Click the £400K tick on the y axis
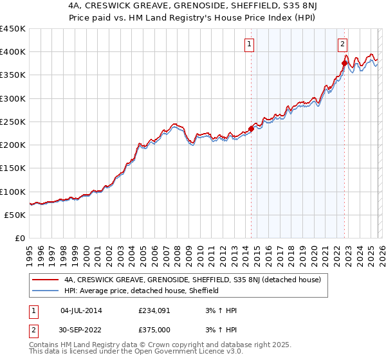pos(13,52)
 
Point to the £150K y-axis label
pos(13,168)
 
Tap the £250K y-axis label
pos(13,122)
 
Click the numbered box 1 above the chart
pos(249,44)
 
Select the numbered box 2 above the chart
pos(342,44)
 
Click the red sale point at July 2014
pos(251,129)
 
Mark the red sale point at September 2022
pos(345,63)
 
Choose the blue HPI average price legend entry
pos(142,291)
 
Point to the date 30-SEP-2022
pos(81,330)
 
